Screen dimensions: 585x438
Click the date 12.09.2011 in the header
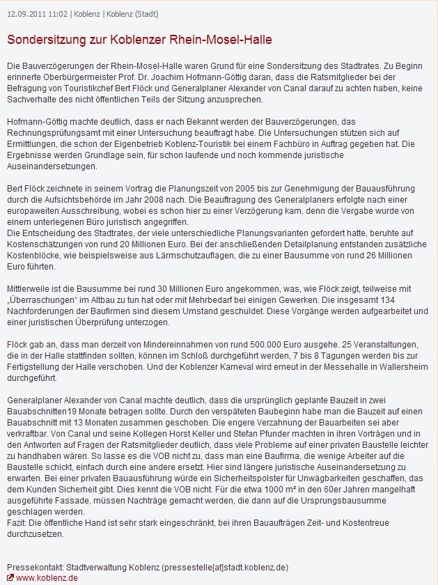click(x=25, y=13)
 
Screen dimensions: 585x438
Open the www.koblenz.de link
click(x=47, y=578)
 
